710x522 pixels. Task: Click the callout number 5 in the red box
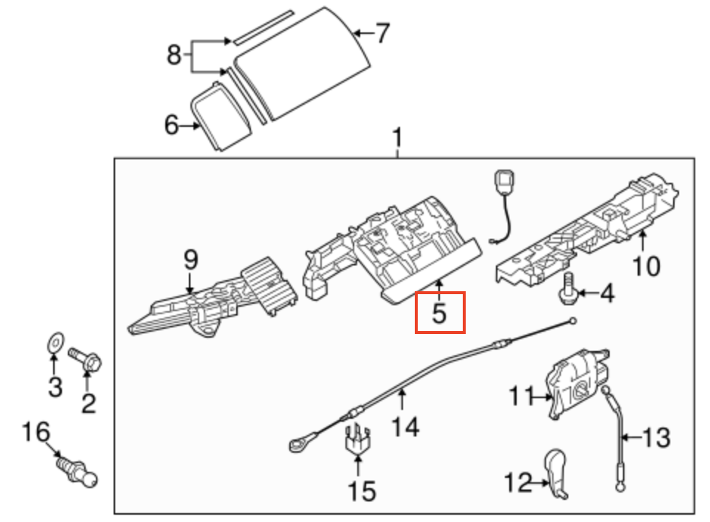click(x=440, y=313)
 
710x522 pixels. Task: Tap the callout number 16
click(x=36, y=431)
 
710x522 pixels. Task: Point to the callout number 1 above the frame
click(x=398, y=138)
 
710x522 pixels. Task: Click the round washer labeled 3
click(x=53, y=341)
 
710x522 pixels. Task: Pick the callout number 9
click(x=190, y=260)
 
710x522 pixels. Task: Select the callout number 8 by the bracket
click(x=174, y=55)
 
